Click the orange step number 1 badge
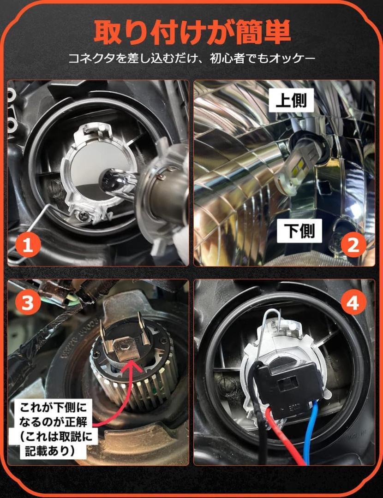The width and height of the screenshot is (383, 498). (x=28, y=245)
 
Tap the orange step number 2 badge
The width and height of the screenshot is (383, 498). (x=353, y=245)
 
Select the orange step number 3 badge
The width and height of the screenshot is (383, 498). (x=28, y=302)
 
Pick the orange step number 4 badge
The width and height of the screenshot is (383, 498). (x=353, y=302)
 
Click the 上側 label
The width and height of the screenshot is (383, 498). (x=291, y=100)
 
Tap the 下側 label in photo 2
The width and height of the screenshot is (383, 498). (x=299, y=231)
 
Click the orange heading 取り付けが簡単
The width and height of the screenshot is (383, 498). (x=192, y=33)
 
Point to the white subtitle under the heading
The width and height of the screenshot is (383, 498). (x=192, y=59)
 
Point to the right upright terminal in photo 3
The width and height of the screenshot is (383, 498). (x=145, y=328)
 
